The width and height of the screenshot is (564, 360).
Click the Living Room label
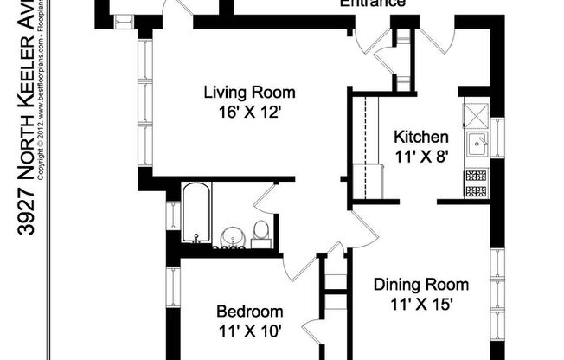(x=249, y=93)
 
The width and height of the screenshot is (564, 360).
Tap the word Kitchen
(x=420, y=137)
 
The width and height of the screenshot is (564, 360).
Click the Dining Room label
(x=421, y=285)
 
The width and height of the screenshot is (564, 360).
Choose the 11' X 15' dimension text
(x=421, y=303)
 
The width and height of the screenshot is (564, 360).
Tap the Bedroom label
(x=249, y=312)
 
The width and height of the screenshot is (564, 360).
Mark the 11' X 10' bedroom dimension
(x=249, y=330)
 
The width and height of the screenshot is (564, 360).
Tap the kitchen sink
(x=475, y=143)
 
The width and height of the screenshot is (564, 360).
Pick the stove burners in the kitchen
(x=475, y=183)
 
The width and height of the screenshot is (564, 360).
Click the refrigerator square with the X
(x=475, y=113)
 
